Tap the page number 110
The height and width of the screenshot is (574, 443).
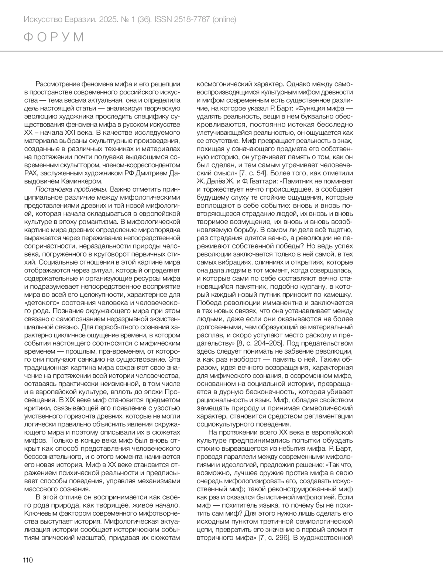click(x=28, y=560)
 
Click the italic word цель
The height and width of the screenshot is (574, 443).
click(x=31, y=108)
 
